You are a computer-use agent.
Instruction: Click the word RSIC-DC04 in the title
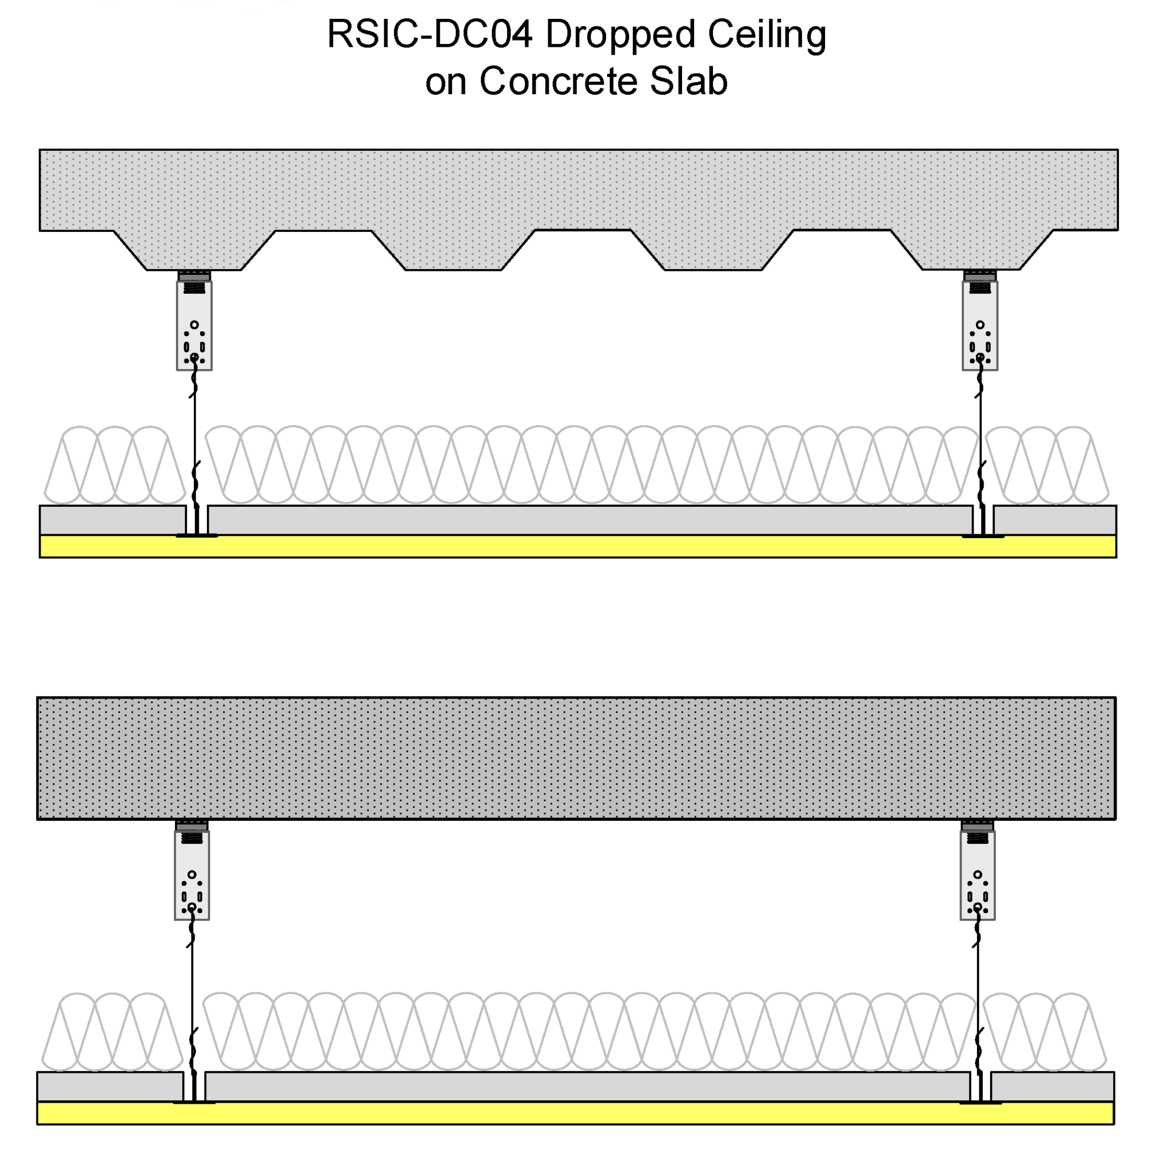pos(429,34)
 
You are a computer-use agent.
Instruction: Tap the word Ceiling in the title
pos(767,35)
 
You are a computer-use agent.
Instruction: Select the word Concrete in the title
pos(558,81)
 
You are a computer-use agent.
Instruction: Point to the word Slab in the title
pos(688,81)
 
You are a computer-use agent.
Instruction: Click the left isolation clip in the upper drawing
pos(194,327)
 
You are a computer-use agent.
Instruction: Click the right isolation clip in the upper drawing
pos(980,327)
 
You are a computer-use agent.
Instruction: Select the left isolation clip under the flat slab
pos(192,876)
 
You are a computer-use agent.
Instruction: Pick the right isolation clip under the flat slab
pos(978,876)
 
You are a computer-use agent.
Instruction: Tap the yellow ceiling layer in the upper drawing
pos(576,546)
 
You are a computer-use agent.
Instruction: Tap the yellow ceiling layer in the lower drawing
pos(576,1113)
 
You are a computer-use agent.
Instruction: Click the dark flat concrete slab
pos(576,758)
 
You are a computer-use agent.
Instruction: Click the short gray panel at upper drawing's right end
pos(1055,520)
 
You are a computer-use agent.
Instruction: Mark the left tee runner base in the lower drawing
pos(194,1101)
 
